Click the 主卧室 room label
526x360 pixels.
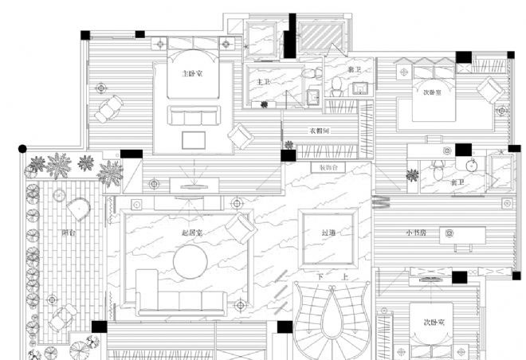(191, 73)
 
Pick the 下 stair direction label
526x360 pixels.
(320, 276)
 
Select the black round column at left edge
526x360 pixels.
(22, 148)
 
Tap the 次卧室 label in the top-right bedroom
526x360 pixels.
(434, 93)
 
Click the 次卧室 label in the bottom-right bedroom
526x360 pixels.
(434, 323)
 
